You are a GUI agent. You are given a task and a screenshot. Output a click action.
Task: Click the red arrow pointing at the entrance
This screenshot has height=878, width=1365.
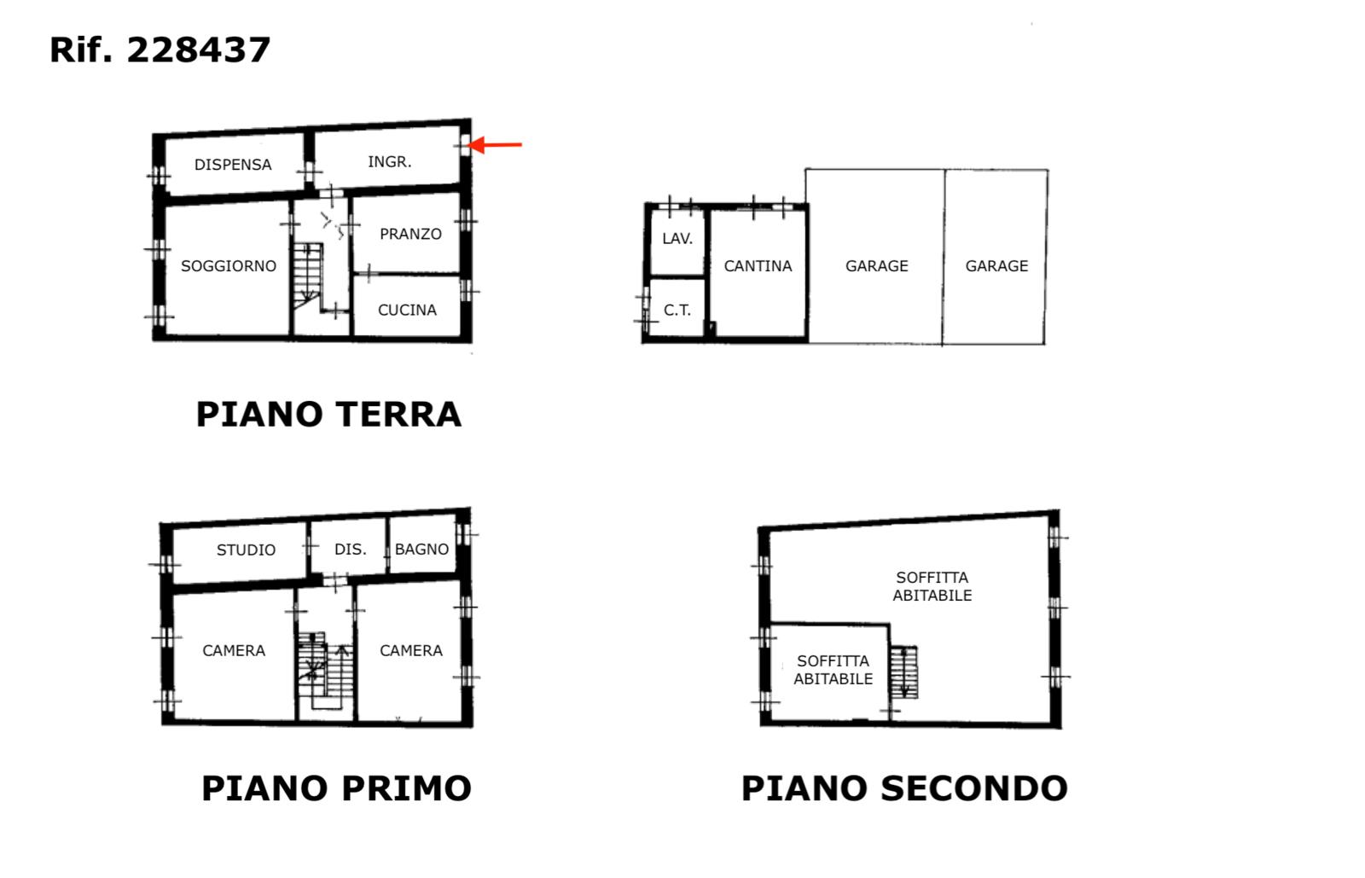[x=495, y=145]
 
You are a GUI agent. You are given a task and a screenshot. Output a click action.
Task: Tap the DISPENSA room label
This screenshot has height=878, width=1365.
[x=233, y=165]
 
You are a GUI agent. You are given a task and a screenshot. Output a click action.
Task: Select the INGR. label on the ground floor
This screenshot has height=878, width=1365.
[x=389, y=161]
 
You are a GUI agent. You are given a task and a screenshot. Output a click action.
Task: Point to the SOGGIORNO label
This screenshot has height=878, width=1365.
[x=229, y=265]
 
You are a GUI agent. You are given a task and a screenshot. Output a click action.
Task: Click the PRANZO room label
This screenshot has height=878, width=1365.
[x=410, y=234]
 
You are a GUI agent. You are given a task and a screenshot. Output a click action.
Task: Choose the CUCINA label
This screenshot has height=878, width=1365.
[x=407, y=310]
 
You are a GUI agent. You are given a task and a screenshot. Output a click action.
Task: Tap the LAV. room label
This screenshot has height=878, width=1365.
[x=677, y=239]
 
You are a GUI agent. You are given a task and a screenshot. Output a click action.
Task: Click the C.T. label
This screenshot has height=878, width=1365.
[x=677, y=311]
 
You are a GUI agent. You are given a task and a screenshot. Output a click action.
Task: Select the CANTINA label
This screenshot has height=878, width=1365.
[x=758, y=265]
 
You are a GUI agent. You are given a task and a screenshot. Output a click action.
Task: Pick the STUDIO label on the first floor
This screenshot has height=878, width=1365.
[x=246, y=550]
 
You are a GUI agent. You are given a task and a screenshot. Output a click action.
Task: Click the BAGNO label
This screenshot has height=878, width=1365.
[x=421, y=549]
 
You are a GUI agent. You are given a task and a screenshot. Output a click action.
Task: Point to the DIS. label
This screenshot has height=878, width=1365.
[x=351, y=549]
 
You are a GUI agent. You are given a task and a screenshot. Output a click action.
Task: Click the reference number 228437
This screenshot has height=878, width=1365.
[x=199, y=50]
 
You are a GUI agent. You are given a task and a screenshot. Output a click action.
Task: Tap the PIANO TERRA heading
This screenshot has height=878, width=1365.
[x=328, y=415]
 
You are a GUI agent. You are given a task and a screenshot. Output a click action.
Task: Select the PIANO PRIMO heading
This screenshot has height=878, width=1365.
[x=336, y=788]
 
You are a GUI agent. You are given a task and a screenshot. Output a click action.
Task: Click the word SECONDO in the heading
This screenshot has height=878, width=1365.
[x=973, y=788]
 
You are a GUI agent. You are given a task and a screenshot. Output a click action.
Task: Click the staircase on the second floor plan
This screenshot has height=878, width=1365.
[x=903, y=672]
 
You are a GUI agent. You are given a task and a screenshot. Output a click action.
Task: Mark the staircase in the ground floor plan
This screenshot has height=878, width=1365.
[x=308, y=276]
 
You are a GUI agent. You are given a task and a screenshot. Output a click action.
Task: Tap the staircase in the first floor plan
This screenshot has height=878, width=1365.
[x=325, y=670]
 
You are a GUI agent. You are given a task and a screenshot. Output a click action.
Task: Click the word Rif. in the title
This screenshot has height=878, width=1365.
[x=81, y=50]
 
